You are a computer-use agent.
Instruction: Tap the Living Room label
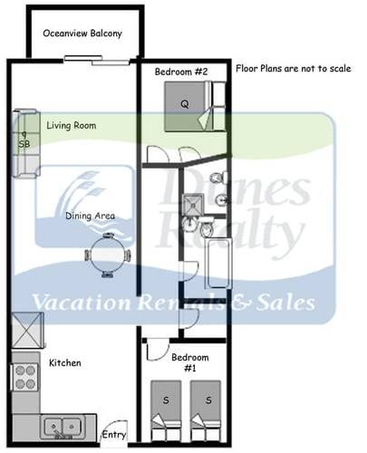click(72, 126)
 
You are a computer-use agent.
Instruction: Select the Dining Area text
click(89, 217)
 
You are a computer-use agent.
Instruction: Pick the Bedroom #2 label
click(181, 71)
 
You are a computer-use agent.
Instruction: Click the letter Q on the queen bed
click(185, 104)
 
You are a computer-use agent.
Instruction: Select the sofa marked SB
click(24, 142)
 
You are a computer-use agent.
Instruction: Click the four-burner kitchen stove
click(24, 377)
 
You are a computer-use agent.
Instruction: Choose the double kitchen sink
click(63, 424)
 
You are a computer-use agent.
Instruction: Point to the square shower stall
click(193, 210)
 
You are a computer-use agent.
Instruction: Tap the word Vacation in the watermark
click(80, 303)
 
